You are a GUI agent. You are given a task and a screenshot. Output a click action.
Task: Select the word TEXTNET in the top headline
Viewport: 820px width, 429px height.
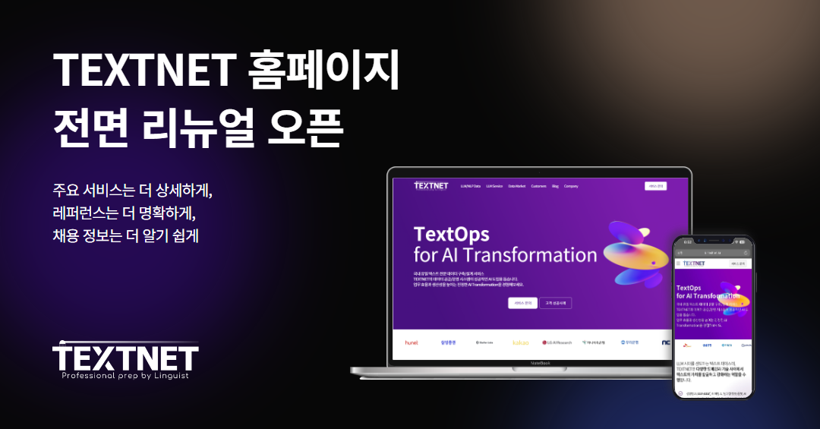(x=142, y=71)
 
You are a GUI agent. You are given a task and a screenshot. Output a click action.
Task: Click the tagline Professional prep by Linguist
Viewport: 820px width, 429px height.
(x=125, y=375)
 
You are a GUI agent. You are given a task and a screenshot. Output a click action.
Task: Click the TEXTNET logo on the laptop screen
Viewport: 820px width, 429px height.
(x=430, y=186)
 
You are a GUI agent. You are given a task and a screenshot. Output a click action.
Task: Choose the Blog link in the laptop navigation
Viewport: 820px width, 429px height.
(x=555, y=186)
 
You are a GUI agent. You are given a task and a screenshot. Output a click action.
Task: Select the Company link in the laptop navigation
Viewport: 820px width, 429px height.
(x=571, y=186)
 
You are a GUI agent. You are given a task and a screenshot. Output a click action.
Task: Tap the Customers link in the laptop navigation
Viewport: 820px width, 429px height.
(x=538, y=186)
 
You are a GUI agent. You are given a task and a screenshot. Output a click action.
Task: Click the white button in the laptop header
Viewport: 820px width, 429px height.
(x=654, y=186)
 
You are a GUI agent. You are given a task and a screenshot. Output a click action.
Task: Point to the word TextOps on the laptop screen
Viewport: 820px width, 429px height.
(x=451, y=233)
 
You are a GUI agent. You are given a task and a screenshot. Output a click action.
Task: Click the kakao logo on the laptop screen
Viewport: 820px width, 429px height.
(x=520, y=342)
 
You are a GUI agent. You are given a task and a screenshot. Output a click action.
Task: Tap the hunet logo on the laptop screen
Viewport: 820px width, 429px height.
(x=412, y=342)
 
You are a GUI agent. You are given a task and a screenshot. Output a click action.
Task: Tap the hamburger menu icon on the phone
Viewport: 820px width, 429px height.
(x=678, y=263)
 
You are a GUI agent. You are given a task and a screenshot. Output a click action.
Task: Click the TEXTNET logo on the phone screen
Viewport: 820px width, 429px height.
(x=693, y=263)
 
